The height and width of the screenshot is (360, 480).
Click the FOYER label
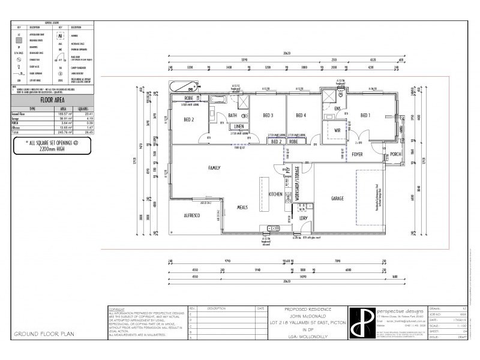(x=358, y=154)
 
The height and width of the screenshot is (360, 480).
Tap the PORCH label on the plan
(x=395, y=154)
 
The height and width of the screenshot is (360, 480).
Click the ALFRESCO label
(x=191, y=215)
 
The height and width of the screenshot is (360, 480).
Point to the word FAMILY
(x=215, y=167)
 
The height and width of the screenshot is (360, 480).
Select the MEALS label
(x=242, y=207)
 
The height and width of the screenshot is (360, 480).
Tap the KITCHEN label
(x=275, y=194)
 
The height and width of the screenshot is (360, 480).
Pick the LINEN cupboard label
(x=239, y=127)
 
